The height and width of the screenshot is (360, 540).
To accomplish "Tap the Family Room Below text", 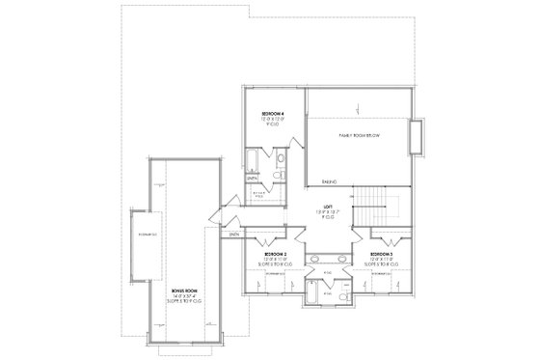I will [359, 136].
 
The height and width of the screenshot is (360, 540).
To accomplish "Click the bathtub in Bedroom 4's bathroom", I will [251, 161].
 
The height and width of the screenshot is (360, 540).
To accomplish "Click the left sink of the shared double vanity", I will [316, 258].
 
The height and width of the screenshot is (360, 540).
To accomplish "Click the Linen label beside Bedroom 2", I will [234, 233].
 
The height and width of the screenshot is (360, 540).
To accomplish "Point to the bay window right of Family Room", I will [416, 138].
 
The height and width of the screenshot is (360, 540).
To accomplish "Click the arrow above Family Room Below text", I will [355, 108].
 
